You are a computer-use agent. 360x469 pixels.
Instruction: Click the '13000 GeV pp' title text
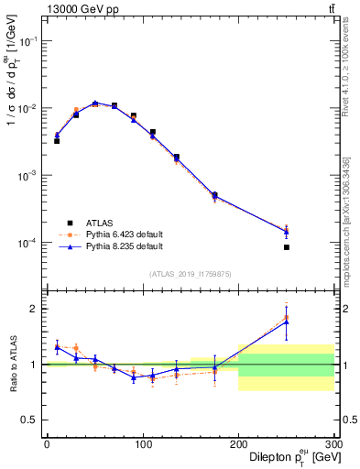pyautogui.click(x=83, y=9)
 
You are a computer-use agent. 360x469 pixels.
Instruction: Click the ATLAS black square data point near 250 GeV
pyautogui.click(x=287, y=247)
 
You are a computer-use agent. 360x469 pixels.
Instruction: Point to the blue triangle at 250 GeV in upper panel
pyautogui.click(x=287, y=231)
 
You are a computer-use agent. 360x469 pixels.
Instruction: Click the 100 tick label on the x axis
pyautogui.click(x=142, y=444)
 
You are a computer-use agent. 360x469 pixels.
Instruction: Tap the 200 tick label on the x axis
pyautogui.click(x=238, y=444)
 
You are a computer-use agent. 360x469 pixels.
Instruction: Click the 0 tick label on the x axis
pyautogui.click(x=47, y=444)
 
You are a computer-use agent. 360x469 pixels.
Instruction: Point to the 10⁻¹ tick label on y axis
pyautogui.click(x=30, y=41)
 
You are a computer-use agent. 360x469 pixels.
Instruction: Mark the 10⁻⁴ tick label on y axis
pyautogui.click(x=30, y=243)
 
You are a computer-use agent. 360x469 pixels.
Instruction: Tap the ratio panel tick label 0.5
pyautogui.click(x=32, y=420)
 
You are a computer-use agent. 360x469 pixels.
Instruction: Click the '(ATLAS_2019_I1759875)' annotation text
pyautogui.click(x=190, y=274)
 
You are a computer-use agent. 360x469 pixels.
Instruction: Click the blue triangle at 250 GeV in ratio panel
pyautogui.click(x=287, y=322)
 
